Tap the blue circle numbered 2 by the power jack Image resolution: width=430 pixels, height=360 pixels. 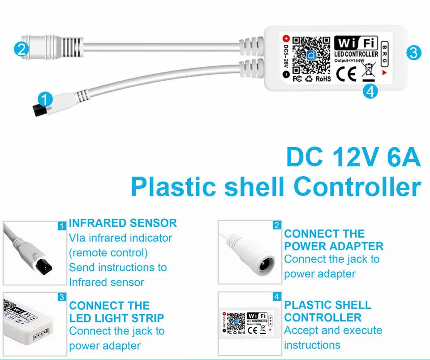(21, 49)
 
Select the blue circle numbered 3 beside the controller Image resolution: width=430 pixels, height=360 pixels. (413, 53)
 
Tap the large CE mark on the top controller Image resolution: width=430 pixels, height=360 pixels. (346, 74)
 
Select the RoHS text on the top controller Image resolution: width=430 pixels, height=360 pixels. (323, 79)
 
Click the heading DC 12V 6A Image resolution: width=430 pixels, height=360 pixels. (353, 159)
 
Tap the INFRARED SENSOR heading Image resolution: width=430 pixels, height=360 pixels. (123, 223)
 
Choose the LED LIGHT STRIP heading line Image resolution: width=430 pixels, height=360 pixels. (116, 318)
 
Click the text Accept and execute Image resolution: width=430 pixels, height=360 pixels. (333, 330)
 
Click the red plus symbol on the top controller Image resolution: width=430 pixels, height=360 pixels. (286, 39)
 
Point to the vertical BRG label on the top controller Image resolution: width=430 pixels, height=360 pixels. (384, 53)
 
